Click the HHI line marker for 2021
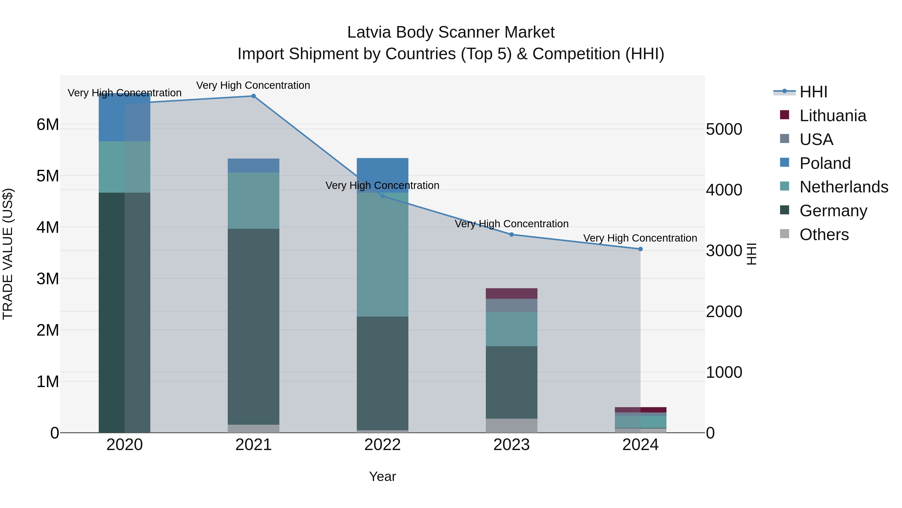[x=254, y=96]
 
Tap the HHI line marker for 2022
[x=382, y=196]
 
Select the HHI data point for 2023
[x=511, y=235]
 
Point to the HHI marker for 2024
[x=640, y=249]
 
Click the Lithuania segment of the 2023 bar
[x=511, y=294]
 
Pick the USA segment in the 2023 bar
[x=511, y=305]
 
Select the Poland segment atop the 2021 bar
[x=254, y=166]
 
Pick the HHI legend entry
[x=813, y=92]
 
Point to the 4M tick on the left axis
[x=48, y=227]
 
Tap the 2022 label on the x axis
[x=382, y=445]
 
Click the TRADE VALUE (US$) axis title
[x=8, y=254]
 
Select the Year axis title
[x=382, y=476]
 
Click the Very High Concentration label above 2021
[x=253, y=85]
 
